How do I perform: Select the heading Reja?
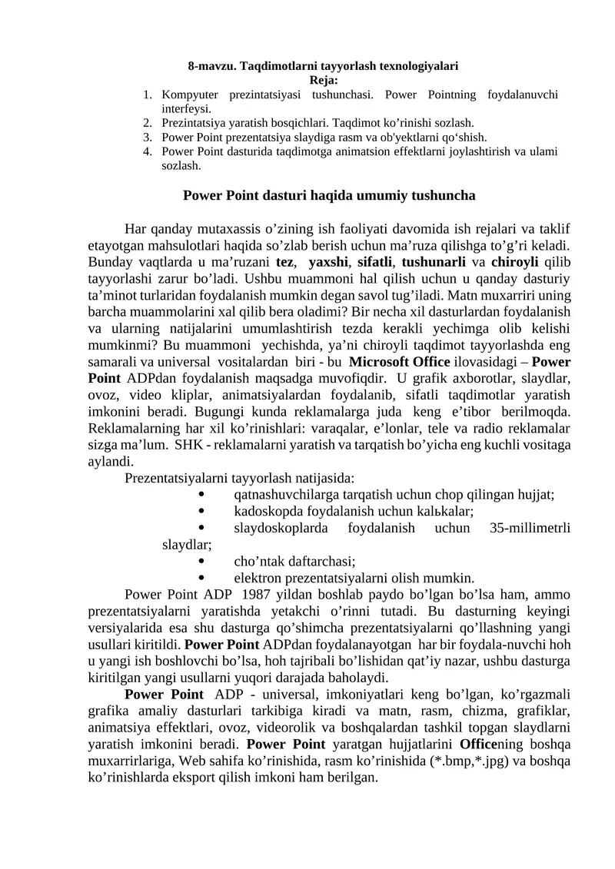tap(323, 80)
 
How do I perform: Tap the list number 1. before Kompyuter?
tap(147, 95)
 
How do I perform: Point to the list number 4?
tap(147, 151)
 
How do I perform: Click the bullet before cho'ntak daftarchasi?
tap(201, 561)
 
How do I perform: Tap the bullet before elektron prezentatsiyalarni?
tap(201, 578)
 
